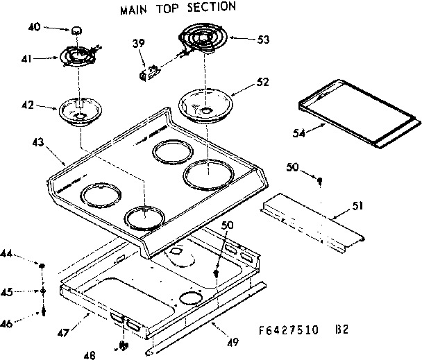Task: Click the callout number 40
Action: [33, 28]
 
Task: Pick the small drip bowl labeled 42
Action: [80, 111]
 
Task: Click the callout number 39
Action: [138, 44]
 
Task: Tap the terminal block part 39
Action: [148, 71]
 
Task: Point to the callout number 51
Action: [357, 206]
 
